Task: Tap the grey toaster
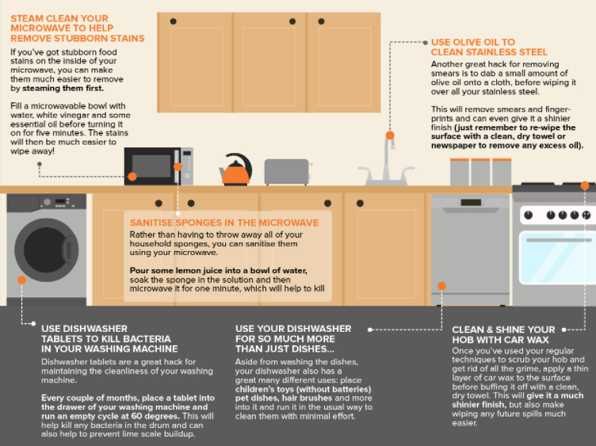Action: click(287, 172)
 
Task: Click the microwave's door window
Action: click(151, 166)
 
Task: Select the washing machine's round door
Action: click(47, 250)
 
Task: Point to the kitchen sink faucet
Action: click(386, 162)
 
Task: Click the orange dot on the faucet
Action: click(390, 135)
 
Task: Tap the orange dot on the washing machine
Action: click(21, 280)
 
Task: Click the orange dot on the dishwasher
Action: click(441, 286)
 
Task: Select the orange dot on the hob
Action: click(585, 186)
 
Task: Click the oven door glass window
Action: click(558, 258)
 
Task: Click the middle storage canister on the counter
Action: click(480, 172)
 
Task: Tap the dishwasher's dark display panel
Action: click(471, 203)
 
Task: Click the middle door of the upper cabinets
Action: click(269, 63)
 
